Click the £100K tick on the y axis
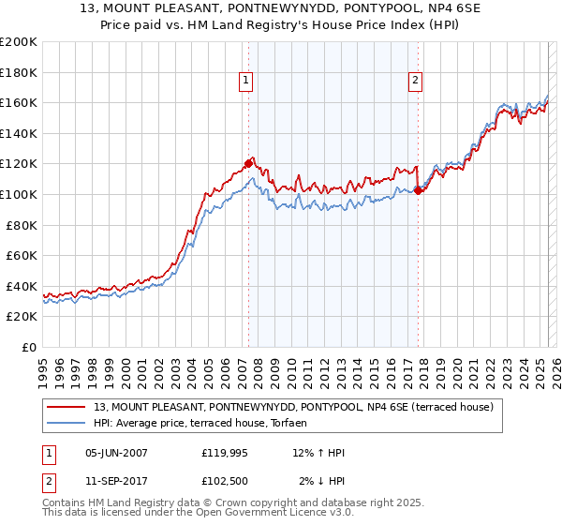19,194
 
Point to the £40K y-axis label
22,286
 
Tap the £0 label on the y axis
29,347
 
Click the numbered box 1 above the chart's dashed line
245,82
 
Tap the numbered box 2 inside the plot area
414,82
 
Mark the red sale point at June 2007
248,163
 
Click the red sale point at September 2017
418,190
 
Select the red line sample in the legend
67,407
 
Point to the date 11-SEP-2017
116,481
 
